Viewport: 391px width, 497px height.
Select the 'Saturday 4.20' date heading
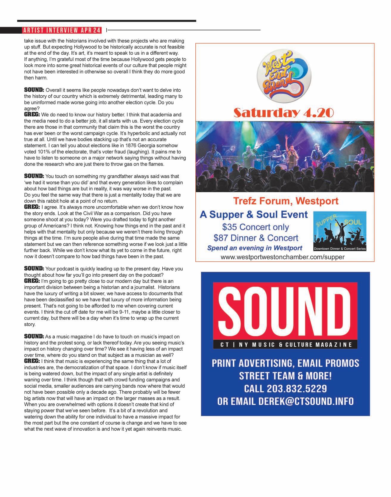tap(283, 113)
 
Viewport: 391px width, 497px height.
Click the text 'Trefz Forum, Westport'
tap(286, 201)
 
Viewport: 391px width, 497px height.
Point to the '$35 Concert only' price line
tap(256, 227)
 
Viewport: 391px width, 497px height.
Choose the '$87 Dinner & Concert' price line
tap(256, 238)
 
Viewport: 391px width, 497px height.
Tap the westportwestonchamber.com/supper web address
tap(282, 257)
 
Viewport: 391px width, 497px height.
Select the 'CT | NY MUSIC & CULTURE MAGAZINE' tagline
tap(285, 345)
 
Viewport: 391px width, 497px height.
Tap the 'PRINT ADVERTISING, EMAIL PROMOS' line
tap(285, 363)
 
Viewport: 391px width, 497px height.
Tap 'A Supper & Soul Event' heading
tap(254, 214)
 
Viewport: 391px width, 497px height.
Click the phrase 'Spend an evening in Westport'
tap(255, 248)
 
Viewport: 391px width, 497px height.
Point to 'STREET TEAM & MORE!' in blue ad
tap(285, 376)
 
